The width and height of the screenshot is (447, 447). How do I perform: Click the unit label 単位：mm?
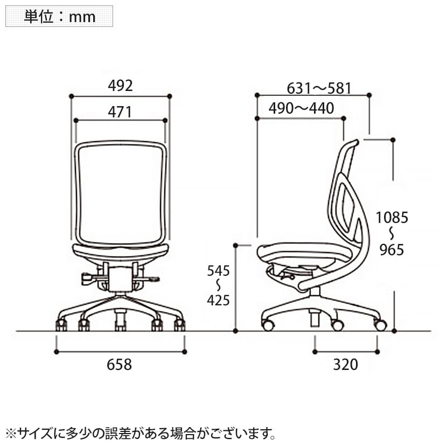click(x=59, y=16)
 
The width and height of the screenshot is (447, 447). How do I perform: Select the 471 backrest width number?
click(x=120, y=111)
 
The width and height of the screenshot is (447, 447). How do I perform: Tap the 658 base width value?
click(x=120, y=365)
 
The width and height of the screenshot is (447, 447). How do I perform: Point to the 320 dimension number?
click(x=345, y=365)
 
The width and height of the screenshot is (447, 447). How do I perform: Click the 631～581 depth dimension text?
click(x=319, y=88)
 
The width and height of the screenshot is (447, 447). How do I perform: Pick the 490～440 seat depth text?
click(x=302, y=108)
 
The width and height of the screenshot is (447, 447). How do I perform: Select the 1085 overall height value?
click(x=392, y=218)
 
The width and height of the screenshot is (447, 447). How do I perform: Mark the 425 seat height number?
click(x=219, y=301)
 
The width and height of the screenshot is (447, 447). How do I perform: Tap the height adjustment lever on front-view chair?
click(x=87, y=278)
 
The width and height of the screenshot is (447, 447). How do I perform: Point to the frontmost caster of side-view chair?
click(x=268, y=325)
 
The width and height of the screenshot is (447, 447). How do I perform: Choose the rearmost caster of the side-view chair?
click(x=381, y=325)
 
